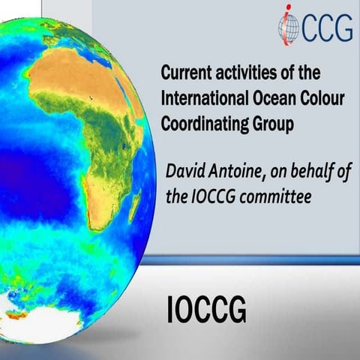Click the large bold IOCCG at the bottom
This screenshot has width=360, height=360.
pos(205,310)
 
